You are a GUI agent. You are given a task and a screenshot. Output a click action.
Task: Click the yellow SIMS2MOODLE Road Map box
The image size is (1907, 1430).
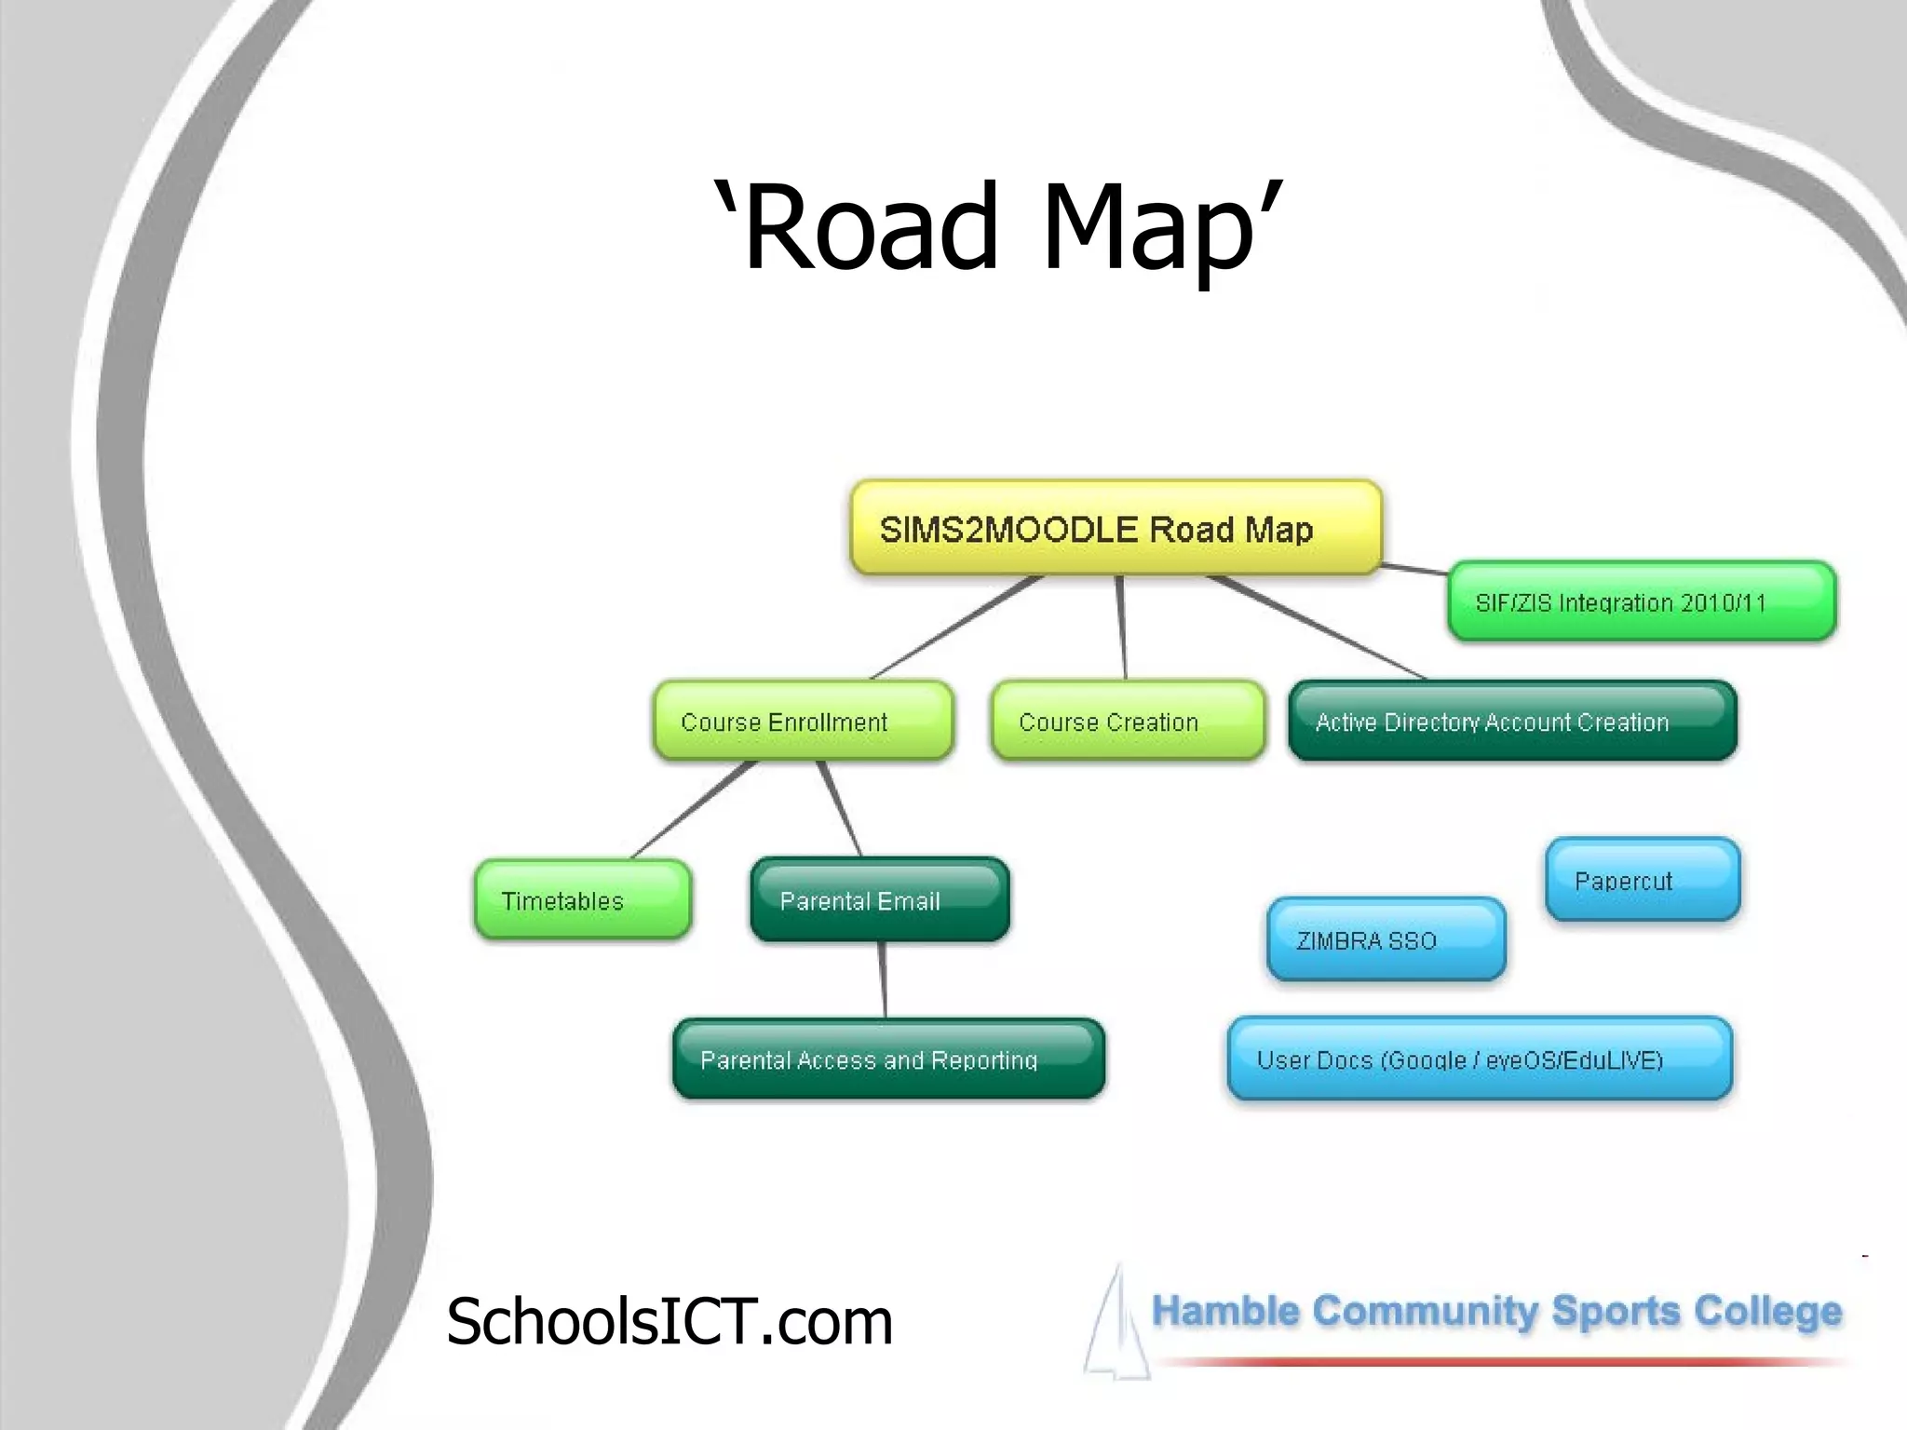(1116, 528)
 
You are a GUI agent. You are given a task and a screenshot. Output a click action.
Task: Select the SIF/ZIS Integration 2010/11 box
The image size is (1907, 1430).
(1641, 601)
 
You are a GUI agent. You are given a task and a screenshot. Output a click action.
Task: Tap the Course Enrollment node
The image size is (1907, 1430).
(803, 721)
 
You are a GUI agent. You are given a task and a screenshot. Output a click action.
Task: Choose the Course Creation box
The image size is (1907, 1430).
(1128, 721)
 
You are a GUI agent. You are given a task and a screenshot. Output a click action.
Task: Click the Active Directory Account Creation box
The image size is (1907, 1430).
(1512, 721)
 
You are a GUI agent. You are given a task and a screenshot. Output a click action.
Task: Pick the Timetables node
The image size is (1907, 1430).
(582, 899)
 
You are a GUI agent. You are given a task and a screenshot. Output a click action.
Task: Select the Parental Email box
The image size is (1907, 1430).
(879, 899)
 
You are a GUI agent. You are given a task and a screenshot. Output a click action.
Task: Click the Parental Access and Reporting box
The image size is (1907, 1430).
(888, 1059)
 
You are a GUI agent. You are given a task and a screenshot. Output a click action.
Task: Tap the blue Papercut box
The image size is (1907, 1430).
(1642, 880)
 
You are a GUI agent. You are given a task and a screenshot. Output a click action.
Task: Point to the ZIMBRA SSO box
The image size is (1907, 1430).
(1386, 939)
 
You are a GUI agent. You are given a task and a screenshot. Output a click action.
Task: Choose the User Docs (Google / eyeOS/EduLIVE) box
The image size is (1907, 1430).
(1479, 1059)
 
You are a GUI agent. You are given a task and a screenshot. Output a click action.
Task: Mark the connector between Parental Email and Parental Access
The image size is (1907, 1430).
(883, 979)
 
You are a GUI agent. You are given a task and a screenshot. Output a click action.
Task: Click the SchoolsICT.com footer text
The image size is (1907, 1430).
(669, 1321)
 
